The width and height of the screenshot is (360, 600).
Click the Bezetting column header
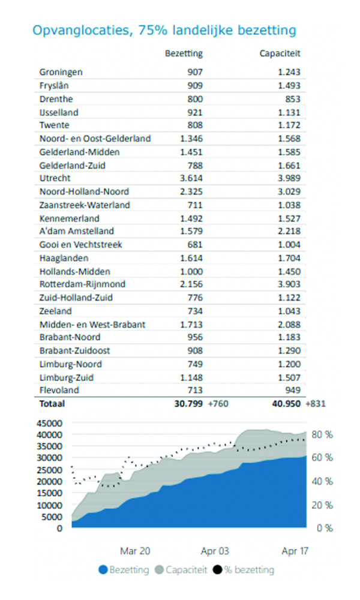point(184,53)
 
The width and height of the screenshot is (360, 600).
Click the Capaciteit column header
point(280,53)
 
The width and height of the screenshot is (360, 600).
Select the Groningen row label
point(61,73)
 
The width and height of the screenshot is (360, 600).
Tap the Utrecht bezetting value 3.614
point(191,178)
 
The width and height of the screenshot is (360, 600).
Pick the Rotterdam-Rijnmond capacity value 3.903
point(289,284)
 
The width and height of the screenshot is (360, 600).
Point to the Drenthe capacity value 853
point(293,99)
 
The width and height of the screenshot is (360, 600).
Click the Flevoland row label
point(59,391)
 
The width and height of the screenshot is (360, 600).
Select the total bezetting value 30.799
point(188,404)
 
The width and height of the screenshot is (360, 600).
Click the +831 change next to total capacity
point(316,404)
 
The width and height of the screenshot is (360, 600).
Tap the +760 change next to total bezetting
point(218,404)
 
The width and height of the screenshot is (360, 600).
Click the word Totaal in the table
point(52,404)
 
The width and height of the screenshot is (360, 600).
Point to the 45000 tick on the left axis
point(49,423)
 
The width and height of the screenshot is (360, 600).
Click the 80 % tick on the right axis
point(322,434)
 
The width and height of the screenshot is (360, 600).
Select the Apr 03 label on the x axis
point(215,551)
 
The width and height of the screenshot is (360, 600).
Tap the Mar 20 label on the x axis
point(135,551)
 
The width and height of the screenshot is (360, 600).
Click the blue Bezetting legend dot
point(103,570)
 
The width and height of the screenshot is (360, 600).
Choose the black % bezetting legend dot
point(217,570)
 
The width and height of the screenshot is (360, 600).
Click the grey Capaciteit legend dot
point(159,570)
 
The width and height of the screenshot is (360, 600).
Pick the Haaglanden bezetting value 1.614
point(191,258)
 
